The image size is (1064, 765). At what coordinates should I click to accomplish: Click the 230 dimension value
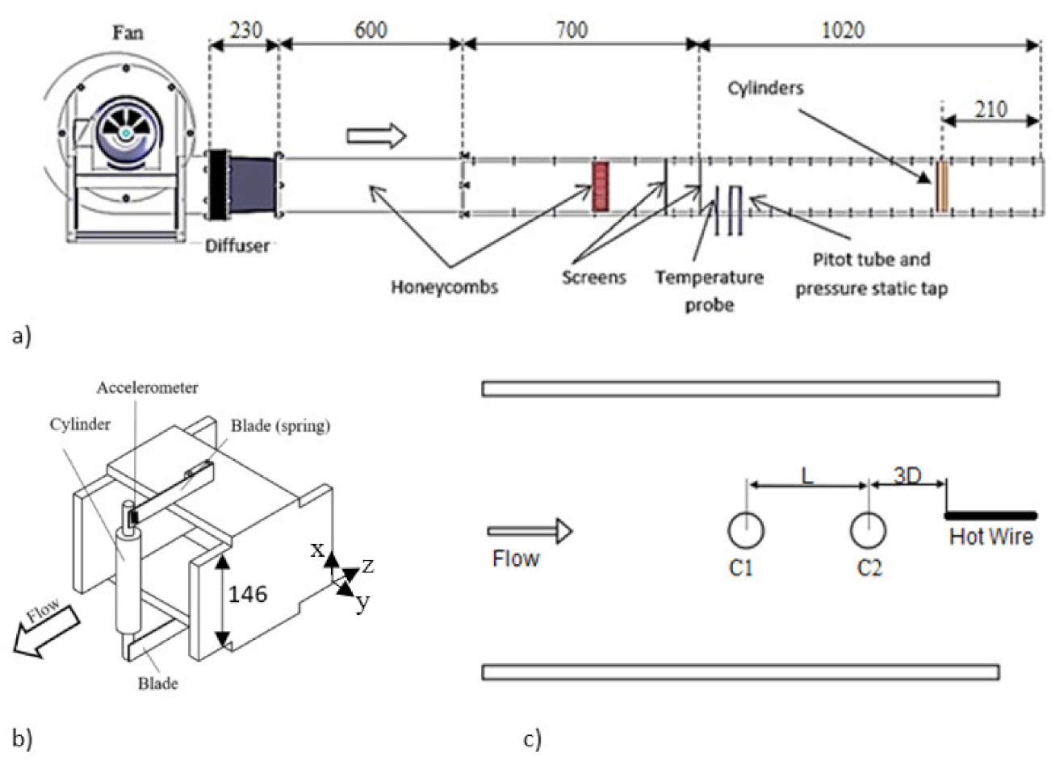click(x=245, y=30)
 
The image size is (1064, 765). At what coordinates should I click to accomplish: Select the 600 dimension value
click(x=371, y=30)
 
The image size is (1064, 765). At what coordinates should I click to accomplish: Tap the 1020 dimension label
click(x=842, y=30)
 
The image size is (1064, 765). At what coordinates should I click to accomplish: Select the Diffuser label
click(x=237, y=245)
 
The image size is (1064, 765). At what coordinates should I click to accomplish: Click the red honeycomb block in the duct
click(x=600, y=186)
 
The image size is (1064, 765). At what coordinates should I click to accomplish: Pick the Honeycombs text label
click(x=444, y=286)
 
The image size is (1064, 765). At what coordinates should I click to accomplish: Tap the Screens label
click(x=593, y=278)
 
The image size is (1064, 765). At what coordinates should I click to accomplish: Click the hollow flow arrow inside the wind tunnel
click(x=376, y=136)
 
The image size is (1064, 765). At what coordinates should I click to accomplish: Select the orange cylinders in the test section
click(x=941, y=187)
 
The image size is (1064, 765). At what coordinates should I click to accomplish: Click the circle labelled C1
click(x=745, y=531)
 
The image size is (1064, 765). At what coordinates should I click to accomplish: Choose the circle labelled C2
click(x=868, y=531)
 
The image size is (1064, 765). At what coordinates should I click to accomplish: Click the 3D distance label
click(x=907, y=474)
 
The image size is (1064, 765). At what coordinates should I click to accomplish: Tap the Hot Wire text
click(x=991, y=537)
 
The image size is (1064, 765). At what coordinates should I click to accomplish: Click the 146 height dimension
click(x=247, y=594)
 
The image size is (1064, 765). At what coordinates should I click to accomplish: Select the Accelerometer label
click(x=147, y=387)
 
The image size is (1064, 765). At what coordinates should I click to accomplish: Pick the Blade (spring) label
click(x=280, y=425)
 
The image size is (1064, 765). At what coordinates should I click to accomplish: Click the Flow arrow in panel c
click(x=530, y=531)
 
